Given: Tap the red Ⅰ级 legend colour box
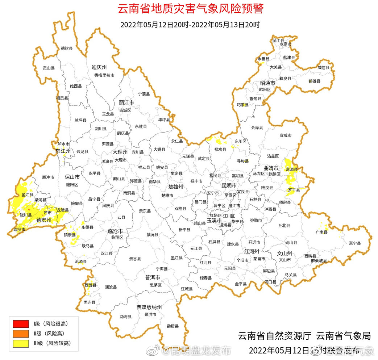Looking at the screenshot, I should pyautogui.click(x=20, y=323).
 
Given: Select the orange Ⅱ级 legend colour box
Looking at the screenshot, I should pyautogui.click(x=20, y=333).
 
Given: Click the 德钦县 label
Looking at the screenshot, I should pyautogui.click(x=67, y=48).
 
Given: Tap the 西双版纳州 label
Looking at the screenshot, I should pyautogui.click(x=149, y=307).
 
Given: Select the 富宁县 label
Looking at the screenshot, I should pyautogui.click(x=355, y=243).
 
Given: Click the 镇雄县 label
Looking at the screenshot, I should pyautogui.click(x=314, y=81).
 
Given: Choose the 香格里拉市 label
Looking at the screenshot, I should pyautogui.click(x=104, y=75).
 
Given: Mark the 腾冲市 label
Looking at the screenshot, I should pyautogui.click(x=48, y=177).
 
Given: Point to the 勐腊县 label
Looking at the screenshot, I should pyautogui.click(x=173, y=326).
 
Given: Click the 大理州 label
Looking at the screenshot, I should pyautogui.click(x=120, y=152).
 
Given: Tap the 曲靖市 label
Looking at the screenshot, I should pyautogui.click(x=271, y=168).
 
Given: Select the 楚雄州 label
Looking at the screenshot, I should pyautogui.click(x=176, y=187).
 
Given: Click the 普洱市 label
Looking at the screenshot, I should pyautogui.click(x=153, y=277).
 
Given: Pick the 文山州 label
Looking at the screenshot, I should pyautogui.click(x=284, y=253).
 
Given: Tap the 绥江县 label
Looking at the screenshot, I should pyautogui.click(x=278, y=41).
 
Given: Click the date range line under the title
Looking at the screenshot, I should pyautogui.click(x=190, y=25).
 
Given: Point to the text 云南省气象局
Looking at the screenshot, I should pyautogui.click(x=344, y=336).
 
